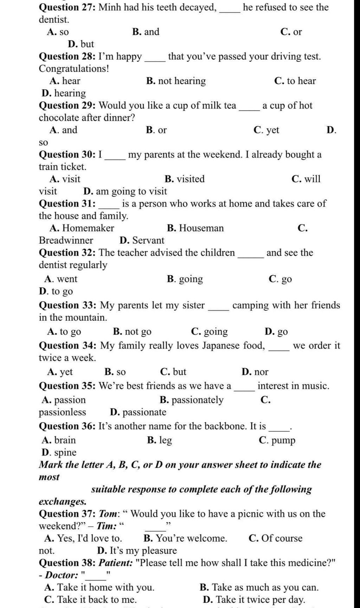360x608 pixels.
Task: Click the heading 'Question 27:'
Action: click(67, 7)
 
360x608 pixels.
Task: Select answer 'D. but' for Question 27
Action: click(81, 44)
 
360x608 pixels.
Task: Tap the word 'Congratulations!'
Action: click(74, 69)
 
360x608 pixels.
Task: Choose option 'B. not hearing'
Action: click(176, 81)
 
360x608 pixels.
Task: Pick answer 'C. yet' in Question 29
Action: click(266, 130)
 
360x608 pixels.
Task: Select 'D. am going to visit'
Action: click(125, 191)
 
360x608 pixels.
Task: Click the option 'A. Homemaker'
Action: click(82, 228)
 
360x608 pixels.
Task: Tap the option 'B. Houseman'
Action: click(195, 228)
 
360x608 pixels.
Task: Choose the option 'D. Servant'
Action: click(142, 241)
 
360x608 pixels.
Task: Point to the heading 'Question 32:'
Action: click(67, 253)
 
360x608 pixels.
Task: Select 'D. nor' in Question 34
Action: click(255, 372)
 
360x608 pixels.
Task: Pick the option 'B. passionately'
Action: click(191, 400)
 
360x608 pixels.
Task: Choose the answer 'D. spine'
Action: click(59, 453)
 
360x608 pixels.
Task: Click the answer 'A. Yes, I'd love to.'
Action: click(83, 538)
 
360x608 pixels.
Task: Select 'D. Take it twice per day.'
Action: click(254, 600)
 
